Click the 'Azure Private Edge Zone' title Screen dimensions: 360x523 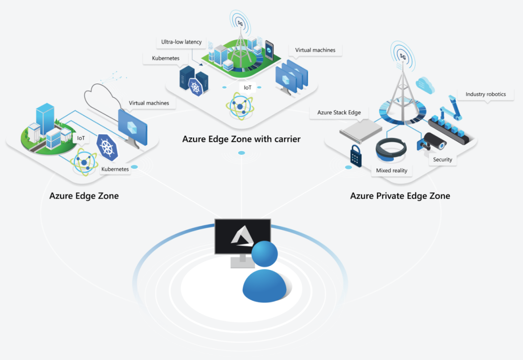tap(400, 196)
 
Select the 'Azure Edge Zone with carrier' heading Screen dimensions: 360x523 tap(241, 139)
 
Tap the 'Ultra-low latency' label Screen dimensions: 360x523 tap(182, 42)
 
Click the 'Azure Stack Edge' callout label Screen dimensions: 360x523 tap(339, 112)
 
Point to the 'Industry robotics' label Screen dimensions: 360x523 tap(485, 94)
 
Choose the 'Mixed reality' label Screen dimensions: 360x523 tap(391, 170)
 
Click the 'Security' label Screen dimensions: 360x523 tap(443, 160)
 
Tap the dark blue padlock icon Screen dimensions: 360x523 tap(355, 156)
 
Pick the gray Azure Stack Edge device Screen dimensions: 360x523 tap(360, 129)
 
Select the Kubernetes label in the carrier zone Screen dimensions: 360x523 tap(166, 59)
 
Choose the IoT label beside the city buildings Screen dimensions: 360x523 tap(81, 138)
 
